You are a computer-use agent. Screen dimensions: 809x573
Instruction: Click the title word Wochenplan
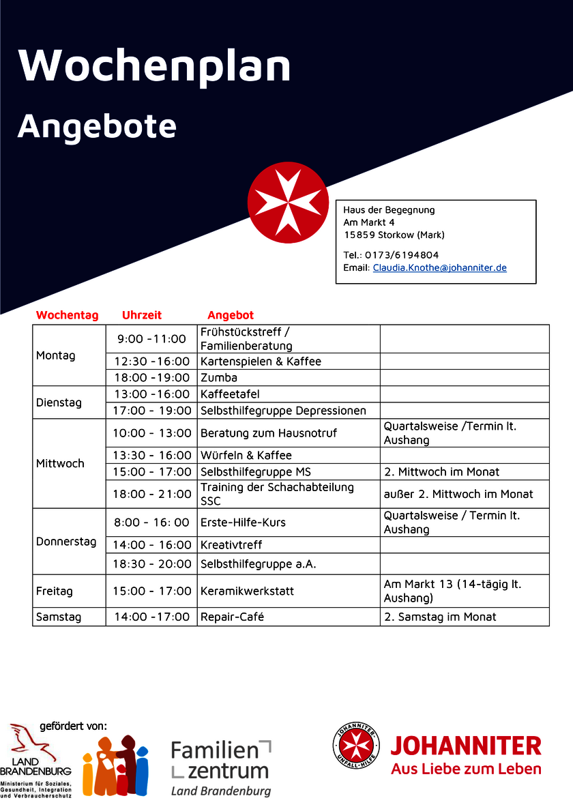tap(155, 66)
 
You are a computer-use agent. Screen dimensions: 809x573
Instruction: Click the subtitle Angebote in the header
tap(97, 126)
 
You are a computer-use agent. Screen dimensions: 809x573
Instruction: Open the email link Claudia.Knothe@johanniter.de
tap(439, 268)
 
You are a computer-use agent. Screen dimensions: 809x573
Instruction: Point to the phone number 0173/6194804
tap(402, 255)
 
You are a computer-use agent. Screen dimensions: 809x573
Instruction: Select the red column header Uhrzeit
tap(142, 315)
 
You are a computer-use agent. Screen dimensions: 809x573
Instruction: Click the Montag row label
tap(56, 355)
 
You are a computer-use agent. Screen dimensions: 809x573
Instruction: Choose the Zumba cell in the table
tap(219, 377)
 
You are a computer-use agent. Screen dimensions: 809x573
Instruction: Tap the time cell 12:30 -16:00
tap(151, 361)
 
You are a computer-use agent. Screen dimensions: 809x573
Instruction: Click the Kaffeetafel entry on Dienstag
tap(230, 394)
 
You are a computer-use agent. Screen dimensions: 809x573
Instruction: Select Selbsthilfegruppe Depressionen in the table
tap(283, 411)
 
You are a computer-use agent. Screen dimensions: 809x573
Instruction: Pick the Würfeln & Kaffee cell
tap(246, 455)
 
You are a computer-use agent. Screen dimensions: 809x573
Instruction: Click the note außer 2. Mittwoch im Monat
tap(458, 494)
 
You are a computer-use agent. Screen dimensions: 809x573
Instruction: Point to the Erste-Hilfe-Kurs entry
tap(243, 523)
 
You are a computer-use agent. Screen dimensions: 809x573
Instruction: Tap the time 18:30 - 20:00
tap(152, 564)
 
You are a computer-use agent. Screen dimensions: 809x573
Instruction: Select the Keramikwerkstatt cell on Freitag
tap(247, 591)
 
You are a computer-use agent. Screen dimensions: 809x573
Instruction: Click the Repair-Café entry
tap(232, 617)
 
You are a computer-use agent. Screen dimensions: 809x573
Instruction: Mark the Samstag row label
tap(59, 617)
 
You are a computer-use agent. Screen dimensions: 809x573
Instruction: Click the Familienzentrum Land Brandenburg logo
tap(221, 767)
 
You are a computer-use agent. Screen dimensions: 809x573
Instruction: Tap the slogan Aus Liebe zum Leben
tap(466, 769)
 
